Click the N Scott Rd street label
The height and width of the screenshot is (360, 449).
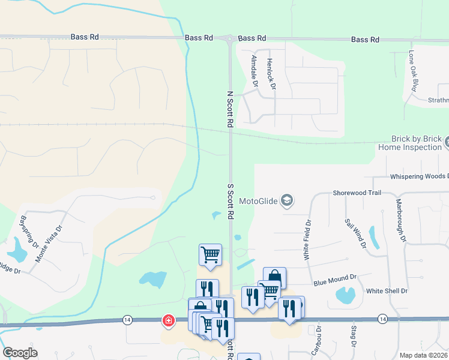229,109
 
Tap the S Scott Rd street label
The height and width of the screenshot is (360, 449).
229,200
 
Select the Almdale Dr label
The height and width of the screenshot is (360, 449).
255,71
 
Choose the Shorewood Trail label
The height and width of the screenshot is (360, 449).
357,193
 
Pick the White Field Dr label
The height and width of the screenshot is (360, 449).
308,239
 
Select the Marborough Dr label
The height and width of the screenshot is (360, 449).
400,221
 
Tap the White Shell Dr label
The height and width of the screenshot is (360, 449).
387,291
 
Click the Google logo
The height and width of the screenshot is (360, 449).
20,352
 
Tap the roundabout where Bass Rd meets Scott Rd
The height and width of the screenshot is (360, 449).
229,39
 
